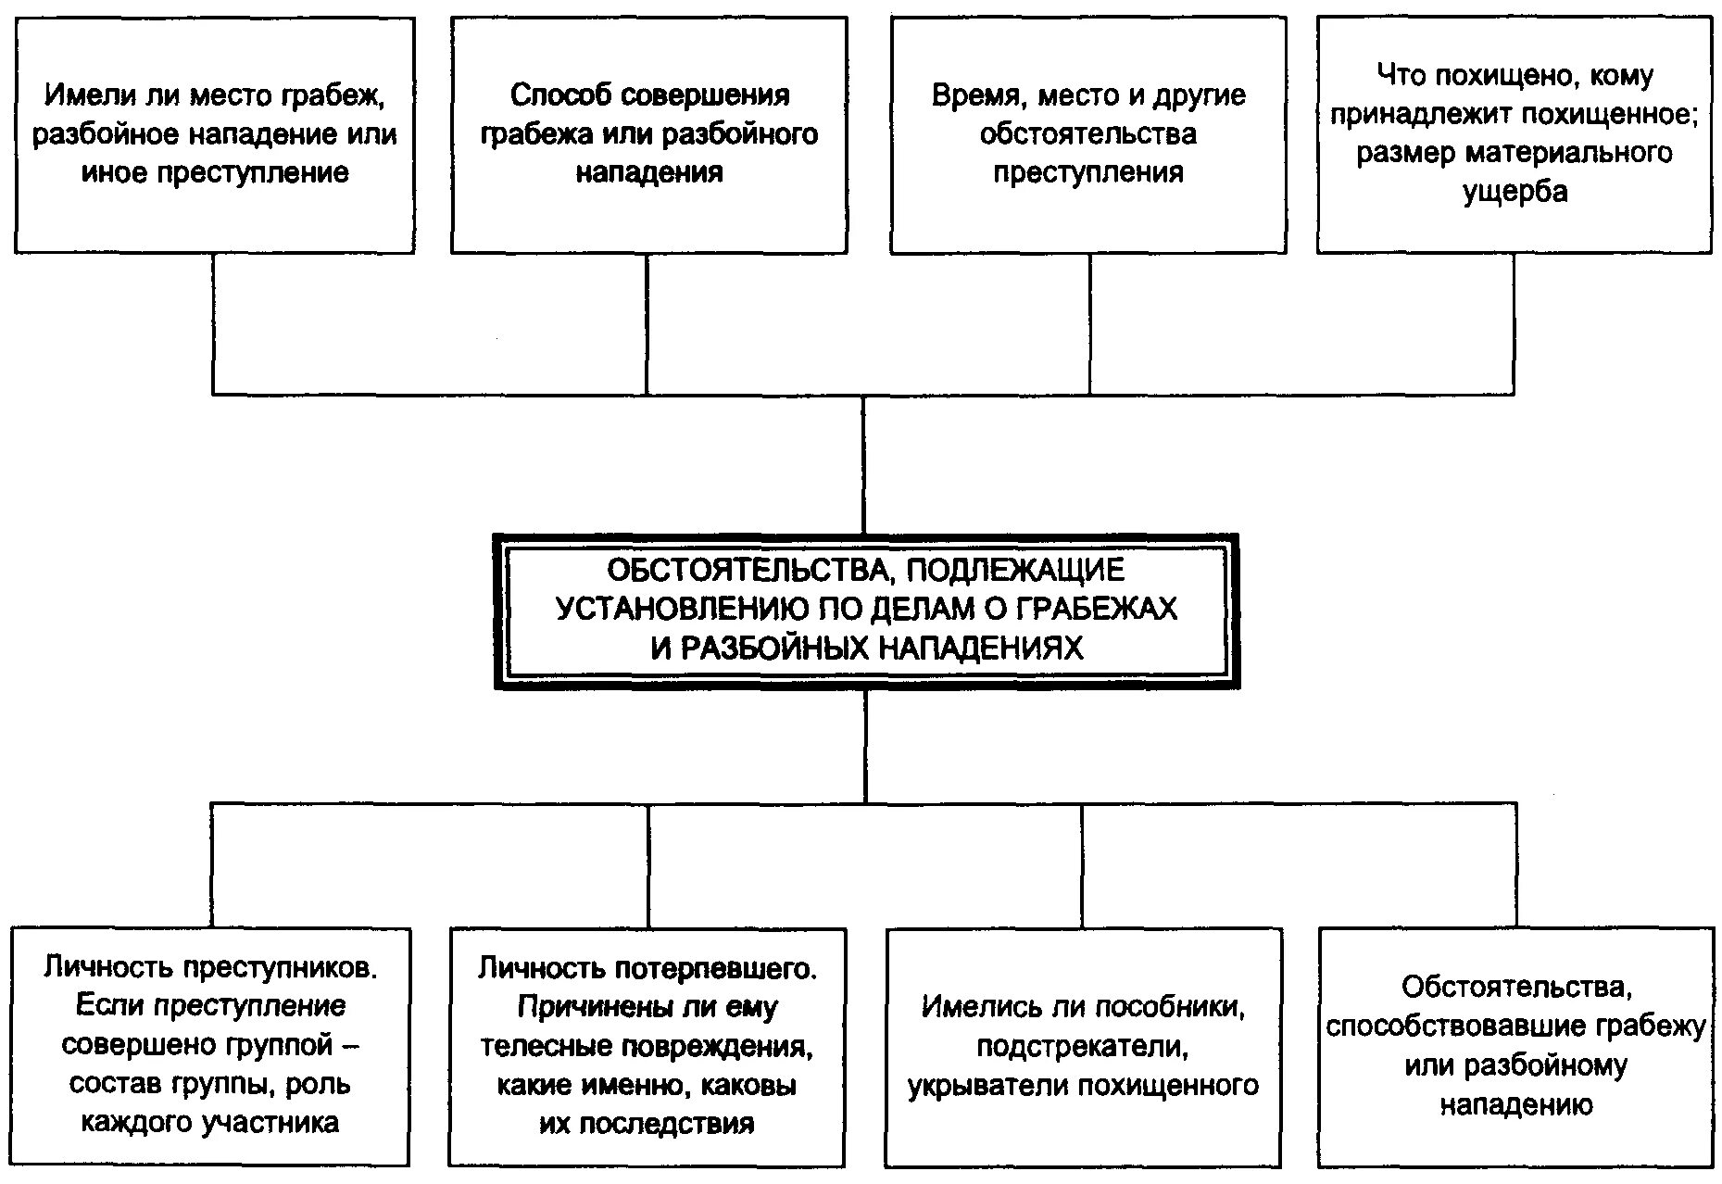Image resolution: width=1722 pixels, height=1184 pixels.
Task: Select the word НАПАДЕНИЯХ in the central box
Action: [x=979, y=647]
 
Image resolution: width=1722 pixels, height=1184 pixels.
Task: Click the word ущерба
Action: [x=1515, y=192]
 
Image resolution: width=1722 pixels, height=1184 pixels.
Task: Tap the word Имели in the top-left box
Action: [x=87, y=95]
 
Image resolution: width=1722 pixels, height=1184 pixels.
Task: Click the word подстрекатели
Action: [x=1082, y=1046]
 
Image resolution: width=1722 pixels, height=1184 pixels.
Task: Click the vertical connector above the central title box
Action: [x=863, y=463]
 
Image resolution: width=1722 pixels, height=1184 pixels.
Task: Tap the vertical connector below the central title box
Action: [x=866, y=746]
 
